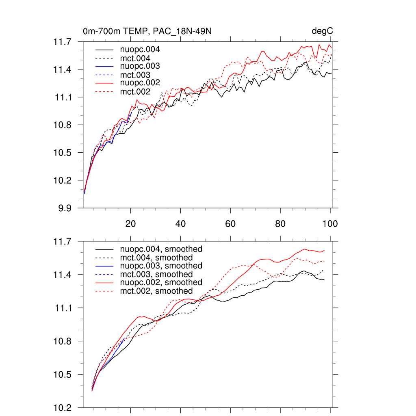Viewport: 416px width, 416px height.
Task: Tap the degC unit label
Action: coord(323,31)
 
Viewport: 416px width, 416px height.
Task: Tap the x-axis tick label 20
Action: coord(130,224)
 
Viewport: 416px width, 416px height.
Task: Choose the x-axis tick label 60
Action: coord(230,224)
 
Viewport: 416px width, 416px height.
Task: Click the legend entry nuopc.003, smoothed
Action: coord(161,266)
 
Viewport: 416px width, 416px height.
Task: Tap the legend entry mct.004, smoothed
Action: coord(156,258)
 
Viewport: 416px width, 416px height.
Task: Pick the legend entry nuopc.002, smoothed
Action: coord(161,282)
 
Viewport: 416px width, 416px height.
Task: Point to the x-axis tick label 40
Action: coord(180,224)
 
